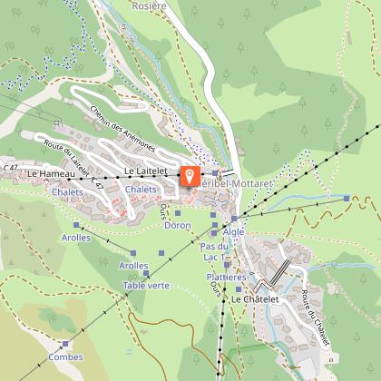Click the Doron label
click(x=177, y=225)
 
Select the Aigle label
click(x=235, y=232)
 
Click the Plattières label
click(x=226, y=276)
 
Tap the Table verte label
click(x=146, y=285)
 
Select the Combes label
click(x=65, y=357)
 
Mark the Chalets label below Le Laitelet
click(x=141, y=189)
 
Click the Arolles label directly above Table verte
click(x=133, y=265)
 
